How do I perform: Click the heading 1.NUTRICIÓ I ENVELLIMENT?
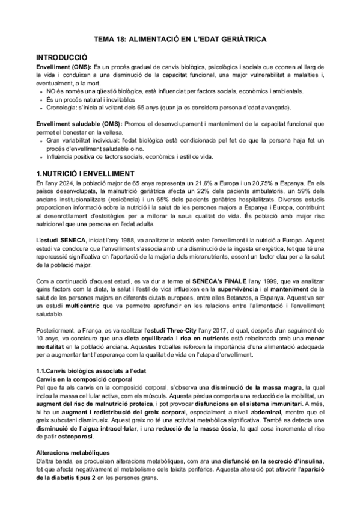(85, 173)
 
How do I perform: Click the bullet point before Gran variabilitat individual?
(41, 140)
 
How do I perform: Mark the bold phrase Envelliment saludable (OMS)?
(79, 123)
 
